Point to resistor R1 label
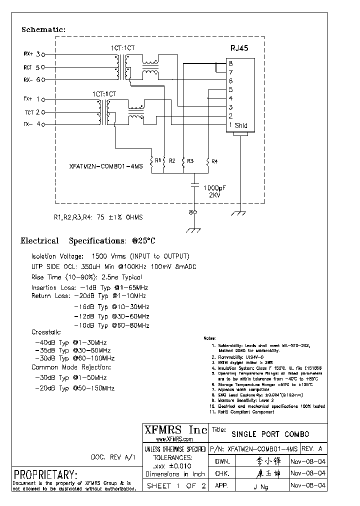coord(157,160)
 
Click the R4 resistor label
coord(214,161)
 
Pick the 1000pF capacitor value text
coord(214,187)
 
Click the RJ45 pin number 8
coord(230,63)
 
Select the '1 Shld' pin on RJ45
coord(238,125)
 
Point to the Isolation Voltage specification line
coord(110,255)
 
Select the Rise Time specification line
coord(86,277)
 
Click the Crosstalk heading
coord(46,332)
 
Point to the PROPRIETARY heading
coord(45,474)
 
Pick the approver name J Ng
coord(261,487)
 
